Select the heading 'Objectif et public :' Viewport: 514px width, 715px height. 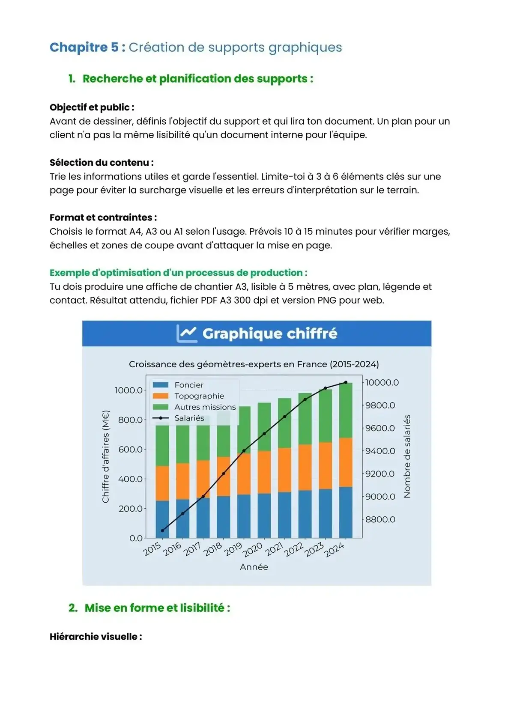(92, 107)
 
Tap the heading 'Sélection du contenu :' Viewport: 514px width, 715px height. (102, 162)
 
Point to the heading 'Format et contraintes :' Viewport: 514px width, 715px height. (103, 217)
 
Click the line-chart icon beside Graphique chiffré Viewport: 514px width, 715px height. (187, 334)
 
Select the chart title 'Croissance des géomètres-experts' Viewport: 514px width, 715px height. (254, 364)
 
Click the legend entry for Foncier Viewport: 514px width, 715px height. (188, 385)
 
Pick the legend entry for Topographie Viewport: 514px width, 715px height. (199, 396)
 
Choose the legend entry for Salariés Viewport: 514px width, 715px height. (189, 418)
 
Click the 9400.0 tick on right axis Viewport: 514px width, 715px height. (380, 451)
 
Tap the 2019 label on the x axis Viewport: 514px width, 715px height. (234, 549)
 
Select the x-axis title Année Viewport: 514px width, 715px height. (254, 567)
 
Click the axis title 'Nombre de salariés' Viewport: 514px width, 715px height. (407, 456)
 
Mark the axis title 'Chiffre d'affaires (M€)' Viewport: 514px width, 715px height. (106, 456)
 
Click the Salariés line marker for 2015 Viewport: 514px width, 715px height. (162, 530)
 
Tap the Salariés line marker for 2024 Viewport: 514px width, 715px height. (346, 382)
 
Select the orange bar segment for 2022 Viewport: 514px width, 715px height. (305, 468)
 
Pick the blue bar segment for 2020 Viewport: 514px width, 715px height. (264, 515)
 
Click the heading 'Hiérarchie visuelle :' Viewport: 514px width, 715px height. (96, 636)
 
